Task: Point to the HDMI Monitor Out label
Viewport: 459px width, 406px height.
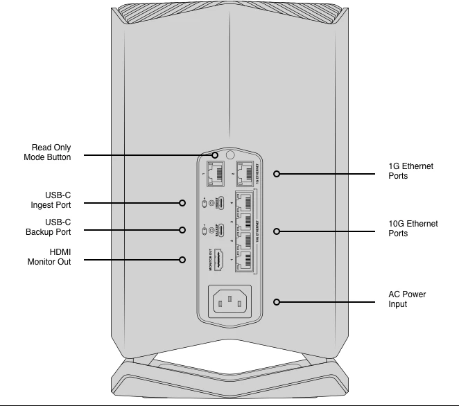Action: coord(49,257)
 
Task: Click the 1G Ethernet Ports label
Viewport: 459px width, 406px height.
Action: coord(410,171)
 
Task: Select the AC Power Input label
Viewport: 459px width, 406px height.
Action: coord(407,299)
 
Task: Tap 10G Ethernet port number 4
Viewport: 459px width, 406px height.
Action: coord(244,203)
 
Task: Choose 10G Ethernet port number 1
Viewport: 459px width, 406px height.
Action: coord(244,259)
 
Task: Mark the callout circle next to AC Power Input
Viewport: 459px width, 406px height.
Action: coord(277,302)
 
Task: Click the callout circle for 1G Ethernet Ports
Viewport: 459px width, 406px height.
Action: coord(277,174)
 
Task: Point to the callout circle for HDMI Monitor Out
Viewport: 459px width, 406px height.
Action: coord(182,260)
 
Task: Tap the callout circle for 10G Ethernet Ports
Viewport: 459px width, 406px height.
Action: coord(277,230)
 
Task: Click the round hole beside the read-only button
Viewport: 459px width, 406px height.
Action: coord(230,155)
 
